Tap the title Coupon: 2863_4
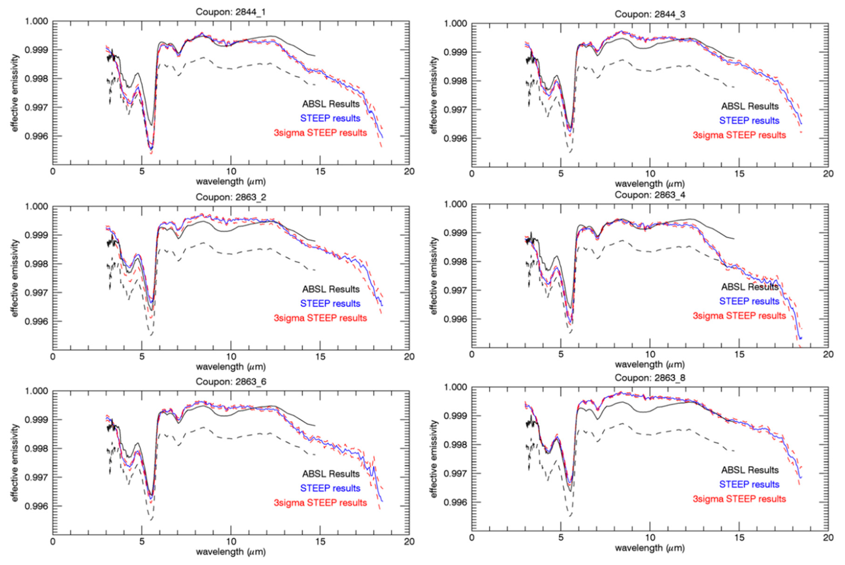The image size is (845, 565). click(650, 195)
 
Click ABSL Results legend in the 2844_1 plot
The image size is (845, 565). click(331, 104)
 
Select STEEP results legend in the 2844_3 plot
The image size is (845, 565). click(749, 121)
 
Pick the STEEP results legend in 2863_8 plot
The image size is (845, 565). click(749, 484)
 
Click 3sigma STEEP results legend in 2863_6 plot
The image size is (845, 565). click(320, 503)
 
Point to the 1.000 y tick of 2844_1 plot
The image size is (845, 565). click(36, 21)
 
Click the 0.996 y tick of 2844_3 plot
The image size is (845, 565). click(455, 139)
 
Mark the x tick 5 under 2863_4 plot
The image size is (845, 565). click(561, 354)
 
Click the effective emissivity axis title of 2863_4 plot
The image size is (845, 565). click(434, 276)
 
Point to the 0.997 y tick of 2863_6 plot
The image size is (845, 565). click(36, 477)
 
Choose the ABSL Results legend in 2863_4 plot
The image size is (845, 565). click(749, 287)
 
